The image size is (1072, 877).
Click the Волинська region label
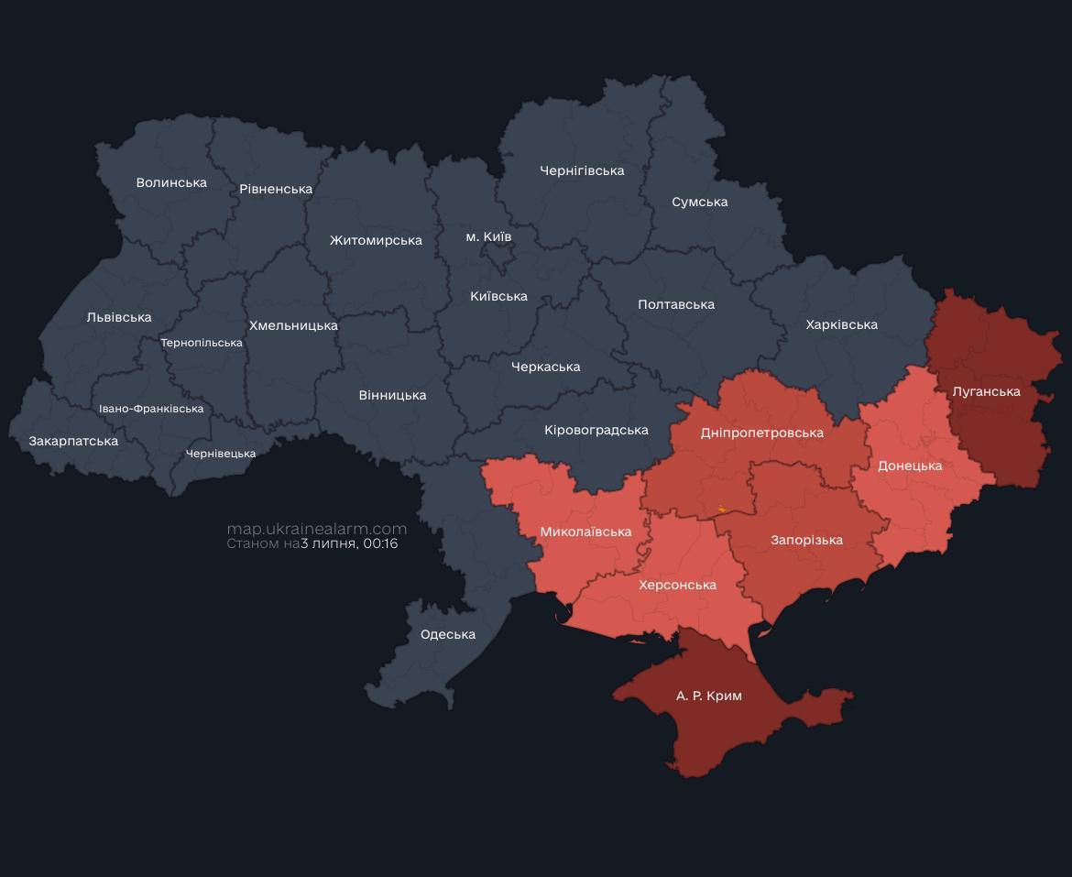(x=171, y=182)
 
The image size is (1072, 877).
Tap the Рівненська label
(x=276, y=189)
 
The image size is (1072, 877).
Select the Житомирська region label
(x=376, y=240)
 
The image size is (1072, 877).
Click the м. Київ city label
(x=488, y=236)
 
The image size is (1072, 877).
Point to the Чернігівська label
(x=582, y=170)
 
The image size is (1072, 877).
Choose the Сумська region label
(x=699, y=202)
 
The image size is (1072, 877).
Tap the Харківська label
(x=841, y=324)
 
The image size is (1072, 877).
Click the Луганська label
(x=986, y=391)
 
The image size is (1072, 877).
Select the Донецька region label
(x=909, y=466)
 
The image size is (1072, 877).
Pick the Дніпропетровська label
(x=761, y=433)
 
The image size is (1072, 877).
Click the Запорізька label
(x=806, y=540)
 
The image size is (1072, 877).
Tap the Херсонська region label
(x=677, y=585)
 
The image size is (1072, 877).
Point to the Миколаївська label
(x=585, y=532)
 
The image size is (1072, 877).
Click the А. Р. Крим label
(x=708, y=696)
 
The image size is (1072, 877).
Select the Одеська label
(x=447, y=634)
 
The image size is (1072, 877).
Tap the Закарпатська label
(x=73, y=441)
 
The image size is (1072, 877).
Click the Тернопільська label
(x=202, y=343)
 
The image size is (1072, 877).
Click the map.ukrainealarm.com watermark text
(x=316, y=529)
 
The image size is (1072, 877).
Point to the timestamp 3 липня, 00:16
(x=349, y=543)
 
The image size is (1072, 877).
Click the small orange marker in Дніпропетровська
(x=722, y=509)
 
